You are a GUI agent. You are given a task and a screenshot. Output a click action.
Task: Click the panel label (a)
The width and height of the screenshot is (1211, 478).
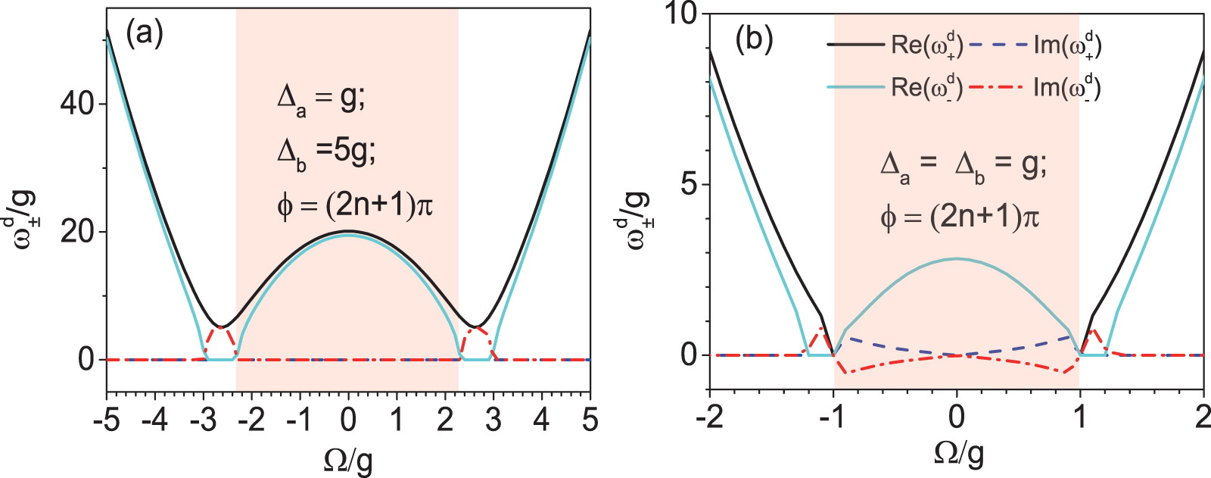pos(144,35)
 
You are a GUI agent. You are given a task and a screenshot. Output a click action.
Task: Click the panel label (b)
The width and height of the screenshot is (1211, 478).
pos(754,39)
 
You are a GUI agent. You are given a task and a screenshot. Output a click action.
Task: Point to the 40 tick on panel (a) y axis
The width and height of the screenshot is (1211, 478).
pos(77,104)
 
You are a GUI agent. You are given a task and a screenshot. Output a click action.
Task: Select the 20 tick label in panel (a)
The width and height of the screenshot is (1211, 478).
pos(77,232)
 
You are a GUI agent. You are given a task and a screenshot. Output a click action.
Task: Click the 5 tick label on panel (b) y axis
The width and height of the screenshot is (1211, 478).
pos(689,184)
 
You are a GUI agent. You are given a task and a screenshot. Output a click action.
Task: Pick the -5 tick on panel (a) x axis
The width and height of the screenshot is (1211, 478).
pos(107,419)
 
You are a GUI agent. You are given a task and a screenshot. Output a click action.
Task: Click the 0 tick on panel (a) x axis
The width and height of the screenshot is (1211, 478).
pos(348,419)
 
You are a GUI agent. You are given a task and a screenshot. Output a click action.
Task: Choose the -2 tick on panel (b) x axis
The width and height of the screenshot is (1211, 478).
pos(709,417)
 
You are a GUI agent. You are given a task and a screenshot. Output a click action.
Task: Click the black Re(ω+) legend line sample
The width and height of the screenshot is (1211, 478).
pos(855,45)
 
